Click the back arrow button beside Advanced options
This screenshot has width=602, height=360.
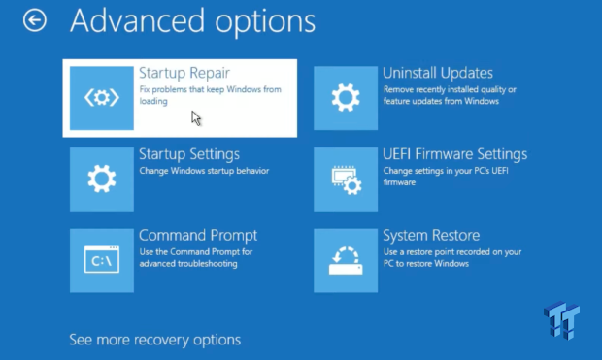[35, 20]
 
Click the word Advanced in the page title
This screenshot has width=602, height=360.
[137, 20]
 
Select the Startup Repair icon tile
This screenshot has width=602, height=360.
[102, 98]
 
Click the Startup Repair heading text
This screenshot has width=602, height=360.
[184, 73]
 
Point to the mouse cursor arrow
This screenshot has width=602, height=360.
[196, 118]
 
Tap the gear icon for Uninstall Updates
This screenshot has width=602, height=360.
[346, 98]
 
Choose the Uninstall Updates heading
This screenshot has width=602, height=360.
[438, 73]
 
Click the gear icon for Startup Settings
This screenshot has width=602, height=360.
[102, 180]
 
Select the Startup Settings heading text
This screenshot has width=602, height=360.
[189, 154]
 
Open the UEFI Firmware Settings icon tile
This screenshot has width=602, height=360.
[346, 180]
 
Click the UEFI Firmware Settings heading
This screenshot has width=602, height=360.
[455, 154]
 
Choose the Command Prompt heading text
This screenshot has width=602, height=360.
[198, 235]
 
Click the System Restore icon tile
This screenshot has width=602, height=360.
[346, 261]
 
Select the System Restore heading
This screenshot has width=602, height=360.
[431, 235]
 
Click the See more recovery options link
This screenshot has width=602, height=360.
[155, 340]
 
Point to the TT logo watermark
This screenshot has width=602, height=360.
[561, 320]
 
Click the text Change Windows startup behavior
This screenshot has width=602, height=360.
[204, 171]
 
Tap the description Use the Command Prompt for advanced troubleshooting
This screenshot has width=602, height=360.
[196, 258]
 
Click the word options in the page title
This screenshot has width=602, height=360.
[265, 22]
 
